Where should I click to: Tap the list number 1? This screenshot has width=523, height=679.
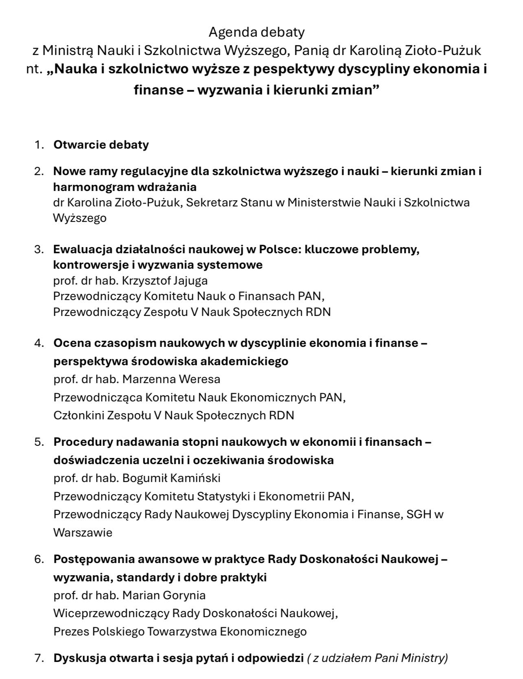[39, 145]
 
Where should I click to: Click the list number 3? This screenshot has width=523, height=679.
[39, 249]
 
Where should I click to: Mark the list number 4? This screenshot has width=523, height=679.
[39, 343]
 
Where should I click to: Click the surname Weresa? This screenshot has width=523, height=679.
[200, 379]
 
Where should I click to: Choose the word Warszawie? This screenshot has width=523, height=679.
[83, 532]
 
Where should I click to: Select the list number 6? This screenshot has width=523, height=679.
[39, 559]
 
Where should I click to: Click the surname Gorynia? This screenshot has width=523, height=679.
[184, 595]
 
